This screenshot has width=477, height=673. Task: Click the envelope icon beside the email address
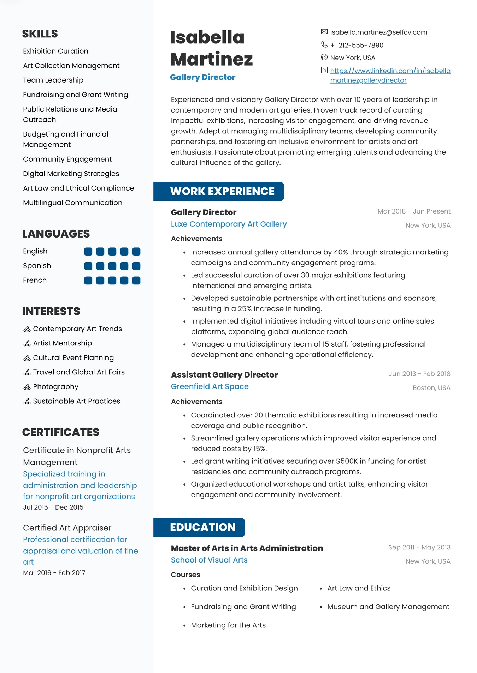click(x=324, y=32)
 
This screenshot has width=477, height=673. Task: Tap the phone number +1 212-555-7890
click(x=357, y=45)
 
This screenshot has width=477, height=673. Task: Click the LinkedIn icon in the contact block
click(x=324, y=70)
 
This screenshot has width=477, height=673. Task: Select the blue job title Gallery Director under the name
click(x=202, y=77)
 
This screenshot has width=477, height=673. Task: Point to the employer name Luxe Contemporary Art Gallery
click(x=229, y=224)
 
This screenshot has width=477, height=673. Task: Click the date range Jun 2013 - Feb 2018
click(x=419, y=374)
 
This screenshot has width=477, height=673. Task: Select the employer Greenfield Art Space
click(x=210, y=386)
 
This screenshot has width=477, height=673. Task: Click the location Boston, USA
click(x=431, y=388)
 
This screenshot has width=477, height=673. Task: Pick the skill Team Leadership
click(x=53, y=80)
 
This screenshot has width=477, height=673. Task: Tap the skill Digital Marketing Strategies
click(x=71, y=174)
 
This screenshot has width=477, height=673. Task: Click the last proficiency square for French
click(x=136, y=281)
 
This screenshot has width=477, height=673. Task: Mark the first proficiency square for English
click(x=88, y=252)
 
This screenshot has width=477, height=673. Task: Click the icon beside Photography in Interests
click(x=27, y=387)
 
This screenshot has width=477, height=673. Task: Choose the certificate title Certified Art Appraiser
click(x=67, y=528)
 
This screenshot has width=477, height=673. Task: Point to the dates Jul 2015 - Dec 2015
click(x=53, y=507)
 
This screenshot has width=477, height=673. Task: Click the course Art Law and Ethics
click(x=359, y=588)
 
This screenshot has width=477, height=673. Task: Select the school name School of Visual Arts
click(x=209, y=560)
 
